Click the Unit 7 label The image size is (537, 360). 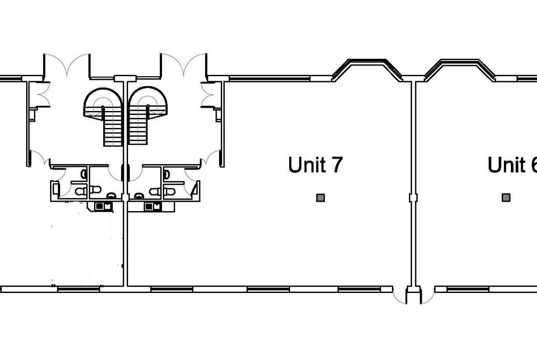tap(315, 165)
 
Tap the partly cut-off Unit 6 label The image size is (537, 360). tap(512, 165)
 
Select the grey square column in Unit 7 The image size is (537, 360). tap(320, 198)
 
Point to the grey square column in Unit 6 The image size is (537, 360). tap(506, 198)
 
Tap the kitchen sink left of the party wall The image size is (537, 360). tap(103, 206)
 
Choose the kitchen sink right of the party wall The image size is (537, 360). tap(153, 206)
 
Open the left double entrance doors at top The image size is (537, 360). tap(67, 65)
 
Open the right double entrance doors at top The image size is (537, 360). tap(184, 65)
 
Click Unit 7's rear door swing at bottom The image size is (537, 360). tap(400, 296)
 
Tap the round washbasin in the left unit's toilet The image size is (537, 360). tap(111, 196)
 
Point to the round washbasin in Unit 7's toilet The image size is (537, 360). tap(139, 196)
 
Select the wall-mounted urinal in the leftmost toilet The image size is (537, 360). tap(84, 174)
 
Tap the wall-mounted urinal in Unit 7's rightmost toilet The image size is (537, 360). tap(167, 174)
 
